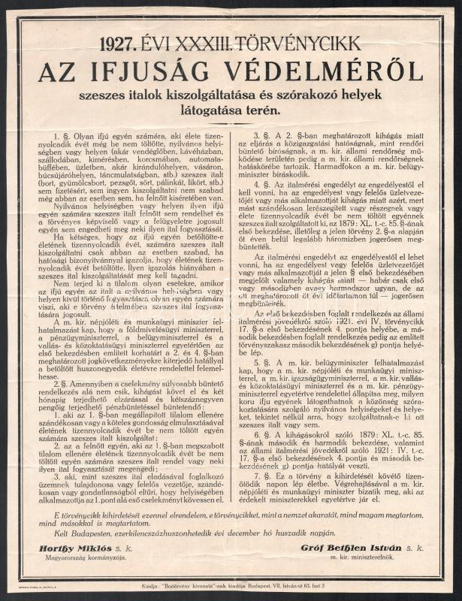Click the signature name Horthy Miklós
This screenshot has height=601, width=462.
[70, 548]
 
